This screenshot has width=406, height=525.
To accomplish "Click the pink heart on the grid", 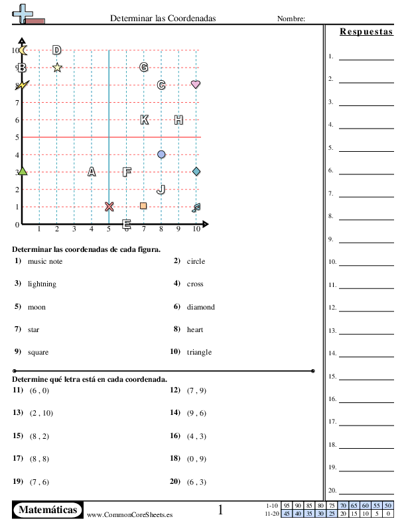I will [x=196, y=85].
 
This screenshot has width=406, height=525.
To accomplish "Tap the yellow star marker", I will [x=57, y=67].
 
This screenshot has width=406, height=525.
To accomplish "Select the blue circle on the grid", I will [x=161, y=154].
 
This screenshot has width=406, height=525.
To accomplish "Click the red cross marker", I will [x=109, y=206].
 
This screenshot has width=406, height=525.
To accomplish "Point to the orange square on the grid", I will [x=143, y=206].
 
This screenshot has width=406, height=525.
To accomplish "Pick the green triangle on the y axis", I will [x=23, y=172].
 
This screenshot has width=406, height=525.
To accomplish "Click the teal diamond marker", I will [x=196, y=172].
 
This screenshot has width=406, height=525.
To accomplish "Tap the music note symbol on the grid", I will [x=196, y=207].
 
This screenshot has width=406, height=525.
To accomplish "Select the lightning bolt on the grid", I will [x=23, y=85].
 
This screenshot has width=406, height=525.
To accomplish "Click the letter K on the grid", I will [x=144, y=120].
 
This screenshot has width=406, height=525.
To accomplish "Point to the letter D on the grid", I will [x=57, y=50].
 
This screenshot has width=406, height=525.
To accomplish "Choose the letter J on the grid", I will [x=161, y=190].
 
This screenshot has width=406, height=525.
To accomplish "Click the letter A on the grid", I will [x=92, y=172].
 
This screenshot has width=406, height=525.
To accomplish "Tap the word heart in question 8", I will [x=195, y=329].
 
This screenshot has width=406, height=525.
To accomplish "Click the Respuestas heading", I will [x=366, y=31].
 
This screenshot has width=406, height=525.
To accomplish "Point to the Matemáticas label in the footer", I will [x=48, y=510].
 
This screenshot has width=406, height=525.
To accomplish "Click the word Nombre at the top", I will [x=291, y=19].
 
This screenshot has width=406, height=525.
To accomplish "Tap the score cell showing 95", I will [x=286, y=506].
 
